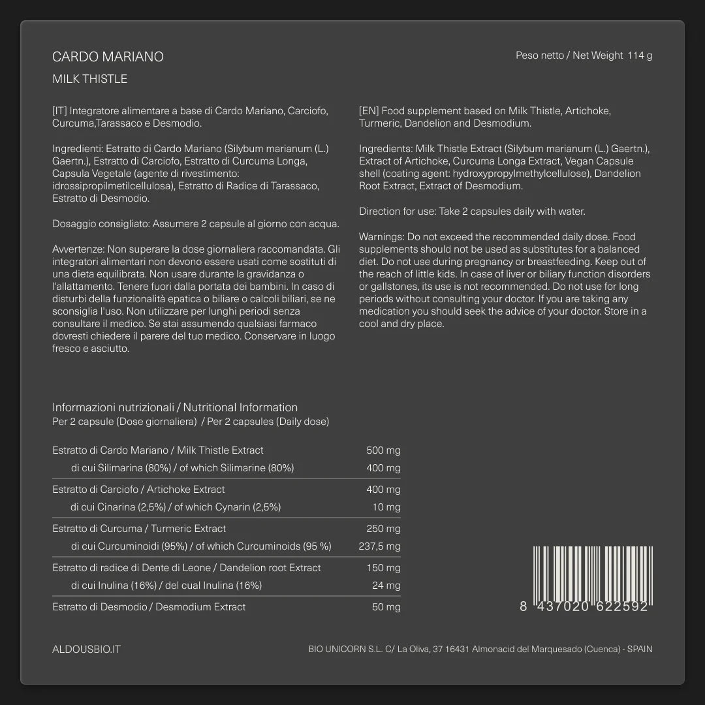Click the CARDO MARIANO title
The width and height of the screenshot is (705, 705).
click(108, 57)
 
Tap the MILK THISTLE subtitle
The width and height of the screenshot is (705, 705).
click(89, 79)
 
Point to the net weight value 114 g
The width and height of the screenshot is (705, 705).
click(640, 55)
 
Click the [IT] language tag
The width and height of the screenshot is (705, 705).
click(59, 111)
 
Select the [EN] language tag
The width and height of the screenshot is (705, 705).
click(368, 111)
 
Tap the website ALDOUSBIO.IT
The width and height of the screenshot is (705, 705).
click(86, 650)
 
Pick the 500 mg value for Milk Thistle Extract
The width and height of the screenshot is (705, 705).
click(383, 450)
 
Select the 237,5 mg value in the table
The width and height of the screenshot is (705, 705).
click(379, 546)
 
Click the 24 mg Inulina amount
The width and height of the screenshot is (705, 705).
click(386, 586)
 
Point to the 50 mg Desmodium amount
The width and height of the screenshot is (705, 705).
click(386, 607)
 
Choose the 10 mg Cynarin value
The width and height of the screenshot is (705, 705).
click(386, 507)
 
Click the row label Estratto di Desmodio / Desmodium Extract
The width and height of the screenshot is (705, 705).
click(149, 607)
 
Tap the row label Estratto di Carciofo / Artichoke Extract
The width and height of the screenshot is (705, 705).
click(138, 490)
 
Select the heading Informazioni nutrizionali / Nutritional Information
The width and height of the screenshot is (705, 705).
click(175, 407)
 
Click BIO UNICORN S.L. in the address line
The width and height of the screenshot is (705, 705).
click(345, 650)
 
